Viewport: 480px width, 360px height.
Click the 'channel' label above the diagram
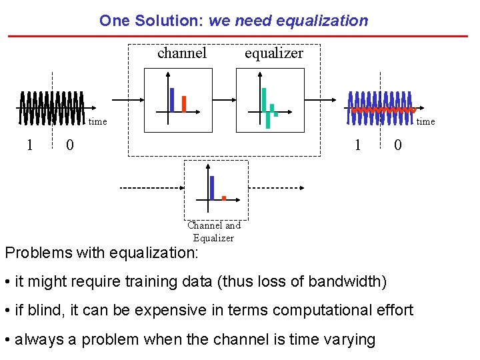coord(182,53)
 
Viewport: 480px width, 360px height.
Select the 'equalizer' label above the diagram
coord(273,53)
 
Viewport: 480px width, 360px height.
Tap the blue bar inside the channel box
coord(172,99)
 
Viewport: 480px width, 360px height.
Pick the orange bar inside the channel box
coord(183,104)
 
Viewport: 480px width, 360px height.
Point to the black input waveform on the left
coord(51,107)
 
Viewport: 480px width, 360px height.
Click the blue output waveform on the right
coord(381,108)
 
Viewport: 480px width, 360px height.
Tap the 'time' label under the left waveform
coord(97,121)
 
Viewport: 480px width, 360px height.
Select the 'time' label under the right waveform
coord(425,121)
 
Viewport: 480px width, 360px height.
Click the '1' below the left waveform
coord(29,145)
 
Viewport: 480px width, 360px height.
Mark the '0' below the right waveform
coord(397,145)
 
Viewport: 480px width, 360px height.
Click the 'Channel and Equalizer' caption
coord(213,231)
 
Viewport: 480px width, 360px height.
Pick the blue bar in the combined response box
coord(212,187)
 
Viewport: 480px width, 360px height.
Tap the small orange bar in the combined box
coord(223,197)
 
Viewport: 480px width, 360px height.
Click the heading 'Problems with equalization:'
coord(101,253)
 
